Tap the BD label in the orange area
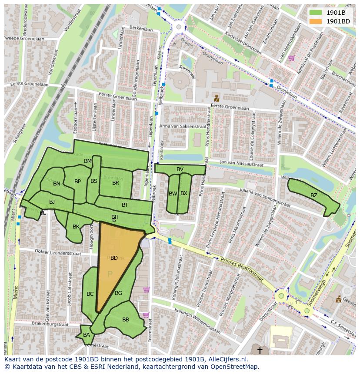[114, 258]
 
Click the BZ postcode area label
[313, 195]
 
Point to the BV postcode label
[180, 169]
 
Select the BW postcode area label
[173, 193]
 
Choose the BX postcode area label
[184, 193]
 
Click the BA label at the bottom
[87, 334]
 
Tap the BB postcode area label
[126, 320]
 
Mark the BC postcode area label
[90, 294]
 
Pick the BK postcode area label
[76, 227]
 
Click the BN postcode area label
[57, 184]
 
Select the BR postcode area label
[116, 183]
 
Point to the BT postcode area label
[125, 205]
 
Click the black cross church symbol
[260, 350]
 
